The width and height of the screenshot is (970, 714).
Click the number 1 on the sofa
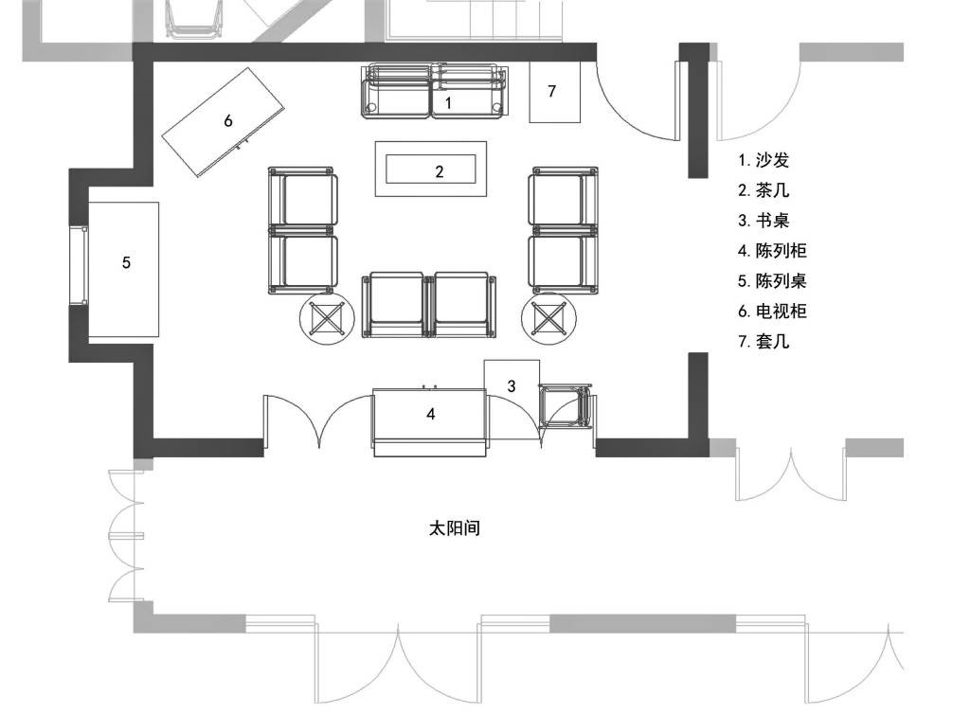click(448, 102)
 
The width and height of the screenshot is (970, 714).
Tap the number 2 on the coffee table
click(440, 171)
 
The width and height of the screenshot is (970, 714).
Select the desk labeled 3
click(512, 399)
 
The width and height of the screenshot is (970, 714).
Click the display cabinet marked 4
click(430, 422)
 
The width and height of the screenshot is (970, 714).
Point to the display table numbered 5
click(123, 270)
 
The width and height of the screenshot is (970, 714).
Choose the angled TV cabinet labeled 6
click(224, 122)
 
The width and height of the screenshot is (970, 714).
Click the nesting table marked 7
click(554, 92)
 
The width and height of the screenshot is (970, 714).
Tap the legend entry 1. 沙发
click(763, 160)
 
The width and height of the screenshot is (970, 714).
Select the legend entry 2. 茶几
click(763, 189)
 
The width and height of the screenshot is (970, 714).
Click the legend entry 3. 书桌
click(763, 220)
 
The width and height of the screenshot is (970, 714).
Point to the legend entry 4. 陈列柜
click(772, 250)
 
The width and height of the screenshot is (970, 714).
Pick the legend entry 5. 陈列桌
click(772, 280)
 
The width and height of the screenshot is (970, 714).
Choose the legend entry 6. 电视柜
click(772, 311)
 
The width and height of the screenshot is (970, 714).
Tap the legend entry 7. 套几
click(763, 341)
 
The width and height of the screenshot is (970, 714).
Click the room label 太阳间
click(455, 528)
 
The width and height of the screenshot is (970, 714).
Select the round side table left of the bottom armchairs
click(327, 319)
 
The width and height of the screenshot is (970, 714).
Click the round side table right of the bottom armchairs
click(549, 319)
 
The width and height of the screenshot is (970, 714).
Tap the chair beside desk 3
click(565, 407)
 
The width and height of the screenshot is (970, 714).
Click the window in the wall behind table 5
click(79, 265)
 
